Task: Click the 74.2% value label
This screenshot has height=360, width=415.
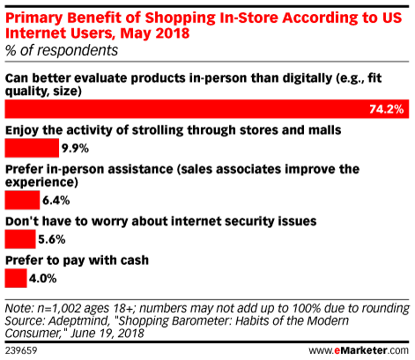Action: [386, 109]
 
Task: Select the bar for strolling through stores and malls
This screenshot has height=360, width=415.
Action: [32, 148]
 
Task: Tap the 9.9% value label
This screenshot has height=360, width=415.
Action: [75, 148]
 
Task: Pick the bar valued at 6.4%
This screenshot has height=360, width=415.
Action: [22, 200]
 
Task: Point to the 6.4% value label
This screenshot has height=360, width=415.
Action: [56, 201]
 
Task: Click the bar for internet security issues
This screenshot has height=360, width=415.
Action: [20, 239]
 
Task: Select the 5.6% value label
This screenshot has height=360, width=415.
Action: [52, 239]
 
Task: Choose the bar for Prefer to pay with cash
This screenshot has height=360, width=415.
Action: [16, 278]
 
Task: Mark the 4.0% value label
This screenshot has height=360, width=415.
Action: [43, 278]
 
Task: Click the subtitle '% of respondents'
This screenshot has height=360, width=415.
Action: [62, 50]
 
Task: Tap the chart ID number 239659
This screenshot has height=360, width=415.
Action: [21, 350]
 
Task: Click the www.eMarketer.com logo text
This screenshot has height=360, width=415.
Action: [359, 350]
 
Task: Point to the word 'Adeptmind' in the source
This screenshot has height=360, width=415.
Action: [78, 321]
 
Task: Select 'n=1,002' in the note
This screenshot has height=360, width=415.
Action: [59, 309]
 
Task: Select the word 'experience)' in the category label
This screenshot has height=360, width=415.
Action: [41, 182]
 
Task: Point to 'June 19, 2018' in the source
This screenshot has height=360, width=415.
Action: [107, 334]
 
